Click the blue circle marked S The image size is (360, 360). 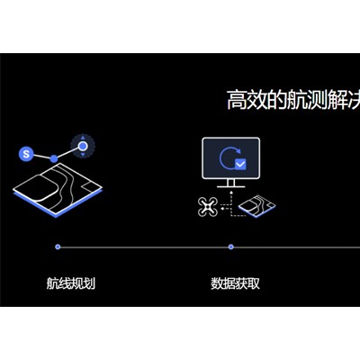point(26,154)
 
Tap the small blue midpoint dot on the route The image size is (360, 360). point(54,158)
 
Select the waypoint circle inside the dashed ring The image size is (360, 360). point(83,147)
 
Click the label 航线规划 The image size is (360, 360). point(71,283)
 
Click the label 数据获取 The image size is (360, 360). point(235,283)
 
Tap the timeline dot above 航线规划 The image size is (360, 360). point(58,247)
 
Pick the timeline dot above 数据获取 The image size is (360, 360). point(230,247)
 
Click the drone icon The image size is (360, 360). point(208,206)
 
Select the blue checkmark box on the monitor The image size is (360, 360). point(240,164)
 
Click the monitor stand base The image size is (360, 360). point(230,186)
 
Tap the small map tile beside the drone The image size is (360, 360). point(256,206)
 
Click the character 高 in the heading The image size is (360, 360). point(237,100)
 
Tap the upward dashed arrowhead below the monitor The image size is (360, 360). point(231,192)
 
